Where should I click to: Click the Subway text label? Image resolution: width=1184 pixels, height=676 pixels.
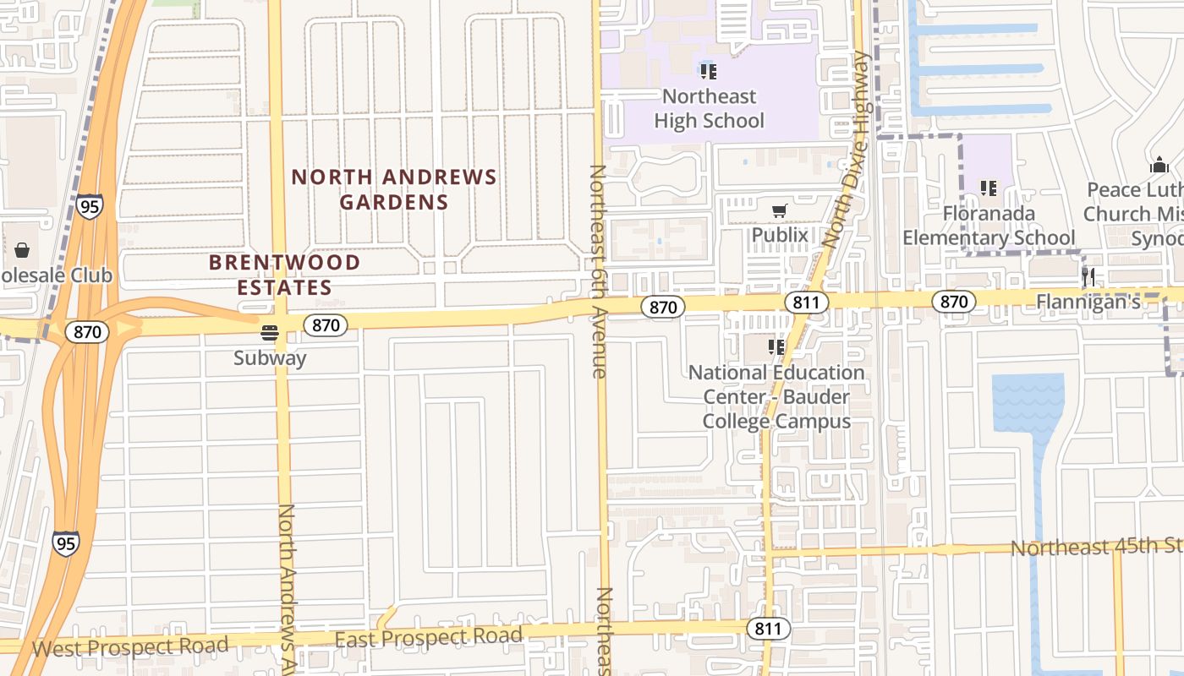click(x=270, y=357)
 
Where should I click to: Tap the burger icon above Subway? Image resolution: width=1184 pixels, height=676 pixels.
click(x=270, y=333)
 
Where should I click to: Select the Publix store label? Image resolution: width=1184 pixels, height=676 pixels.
click(x=780, y=234)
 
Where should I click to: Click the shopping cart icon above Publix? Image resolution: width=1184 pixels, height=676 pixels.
click(x=779, y=210)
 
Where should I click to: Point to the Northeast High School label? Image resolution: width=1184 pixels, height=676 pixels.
click(x=709, y=108)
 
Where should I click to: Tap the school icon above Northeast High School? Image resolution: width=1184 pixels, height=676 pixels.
click(x=709, y=72)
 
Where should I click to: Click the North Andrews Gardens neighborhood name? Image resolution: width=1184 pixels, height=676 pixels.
click(x=394, y=189)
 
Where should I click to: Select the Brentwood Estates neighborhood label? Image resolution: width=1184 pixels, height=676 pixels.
click(x=284, y=275)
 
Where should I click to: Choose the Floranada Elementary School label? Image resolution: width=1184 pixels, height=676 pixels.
click(x=989, y=225)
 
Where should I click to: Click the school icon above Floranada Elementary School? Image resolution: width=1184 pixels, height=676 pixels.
click(x=988, y=188)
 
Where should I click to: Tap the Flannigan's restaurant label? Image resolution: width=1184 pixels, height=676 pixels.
click(x=1088, y=301)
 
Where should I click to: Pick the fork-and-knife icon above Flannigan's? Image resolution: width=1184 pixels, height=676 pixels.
click(x=1088, y=276)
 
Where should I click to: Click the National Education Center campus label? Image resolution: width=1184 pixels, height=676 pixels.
click(x=777, y=396)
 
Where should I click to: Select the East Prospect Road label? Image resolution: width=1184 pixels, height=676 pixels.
click(x=428, y=637)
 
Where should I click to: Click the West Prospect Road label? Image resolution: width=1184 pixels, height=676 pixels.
click(x=130, y=647)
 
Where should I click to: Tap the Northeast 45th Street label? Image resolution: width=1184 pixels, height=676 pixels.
click(x=1096, y=547)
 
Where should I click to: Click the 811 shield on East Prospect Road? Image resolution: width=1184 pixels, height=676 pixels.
click(x=768, y=629)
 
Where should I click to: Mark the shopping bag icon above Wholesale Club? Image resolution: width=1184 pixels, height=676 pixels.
click(x=22, y=250)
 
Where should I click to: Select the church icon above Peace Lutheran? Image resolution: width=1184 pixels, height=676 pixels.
click(x=1159, y=165)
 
